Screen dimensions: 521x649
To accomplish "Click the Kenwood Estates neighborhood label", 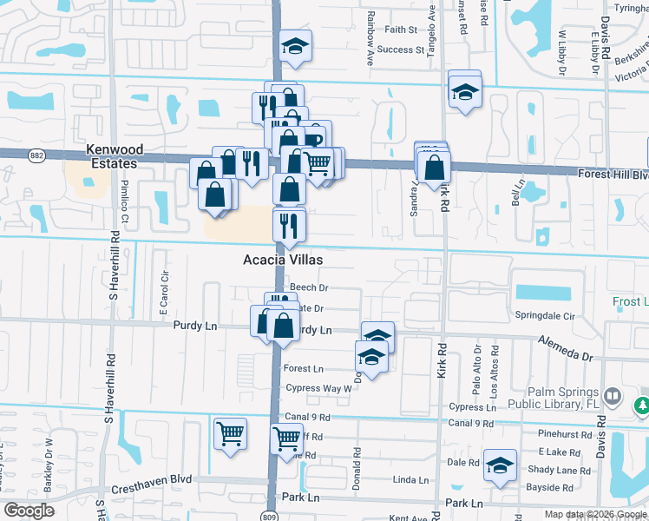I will point(112,156).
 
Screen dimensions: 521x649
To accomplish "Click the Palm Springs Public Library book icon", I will point(613,396).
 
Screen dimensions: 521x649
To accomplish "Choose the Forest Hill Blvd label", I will point(613,174).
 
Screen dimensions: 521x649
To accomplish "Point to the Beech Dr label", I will point(309,287).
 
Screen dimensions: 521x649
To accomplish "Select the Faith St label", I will point(401,29).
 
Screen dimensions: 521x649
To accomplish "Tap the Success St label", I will point(401,49).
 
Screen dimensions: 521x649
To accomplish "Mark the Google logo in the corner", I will point(29,511).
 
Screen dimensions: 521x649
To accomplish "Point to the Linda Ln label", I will point(411,479).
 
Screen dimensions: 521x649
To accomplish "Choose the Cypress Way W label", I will point(317,388).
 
